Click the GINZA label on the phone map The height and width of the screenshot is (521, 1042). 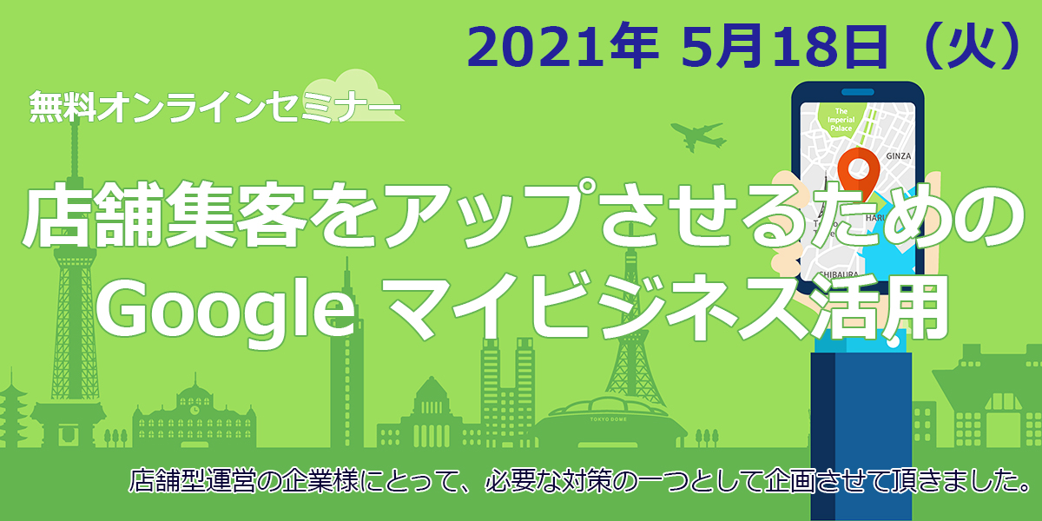click(898, 156)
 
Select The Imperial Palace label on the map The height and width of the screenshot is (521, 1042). click(841, 120)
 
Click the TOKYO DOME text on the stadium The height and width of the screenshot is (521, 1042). click(609, 419)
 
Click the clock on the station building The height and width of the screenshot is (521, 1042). click(195, 410)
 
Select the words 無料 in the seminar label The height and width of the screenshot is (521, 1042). click(63, 107)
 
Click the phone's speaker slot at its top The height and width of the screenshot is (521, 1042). click(857, 93)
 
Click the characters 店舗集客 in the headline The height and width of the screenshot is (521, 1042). click(165, 214)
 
